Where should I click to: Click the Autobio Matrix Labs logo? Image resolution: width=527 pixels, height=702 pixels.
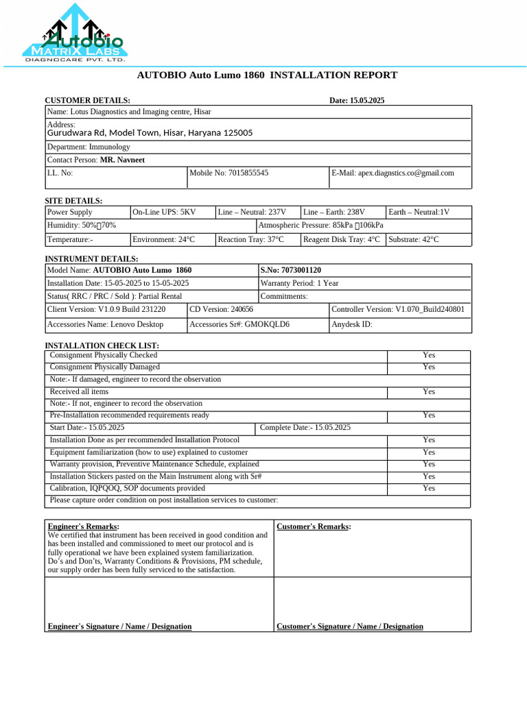click(75, 34)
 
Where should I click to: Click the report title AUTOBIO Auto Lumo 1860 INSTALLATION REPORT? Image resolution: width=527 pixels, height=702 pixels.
click(267, 75)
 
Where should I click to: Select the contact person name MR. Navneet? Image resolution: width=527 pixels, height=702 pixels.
click(122, 160)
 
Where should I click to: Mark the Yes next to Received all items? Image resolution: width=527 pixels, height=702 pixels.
click(429, 391)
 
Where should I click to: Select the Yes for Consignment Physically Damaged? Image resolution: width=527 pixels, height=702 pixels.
click(429, 367)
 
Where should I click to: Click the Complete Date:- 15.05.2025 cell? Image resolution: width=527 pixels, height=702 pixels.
click(305, 428)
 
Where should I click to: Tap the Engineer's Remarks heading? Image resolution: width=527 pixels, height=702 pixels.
click(84, 526)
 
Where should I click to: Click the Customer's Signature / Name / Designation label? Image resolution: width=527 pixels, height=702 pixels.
click(349, 627)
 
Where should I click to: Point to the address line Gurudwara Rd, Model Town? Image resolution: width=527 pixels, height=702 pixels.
click(149, 133)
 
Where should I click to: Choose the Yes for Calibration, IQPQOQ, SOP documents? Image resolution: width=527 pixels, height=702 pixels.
click(429, 488)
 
